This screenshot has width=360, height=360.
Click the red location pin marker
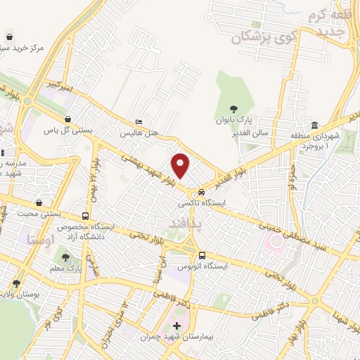coord(181,166)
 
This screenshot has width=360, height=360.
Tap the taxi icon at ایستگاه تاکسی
coord(202,191)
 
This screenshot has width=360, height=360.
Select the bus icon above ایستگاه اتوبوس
coord(202,255)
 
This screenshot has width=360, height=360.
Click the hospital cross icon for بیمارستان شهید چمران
coord(176,326)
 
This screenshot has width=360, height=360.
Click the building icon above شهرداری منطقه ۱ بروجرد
coord(314,124)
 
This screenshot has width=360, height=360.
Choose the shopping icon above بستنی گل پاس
coord(67,120)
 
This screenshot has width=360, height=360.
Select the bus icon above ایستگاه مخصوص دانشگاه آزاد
coord(86,217)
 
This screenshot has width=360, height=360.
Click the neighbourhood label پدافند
coord(187,222)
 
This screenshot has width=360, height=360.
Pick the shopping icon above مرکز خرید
coord(9,37)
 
